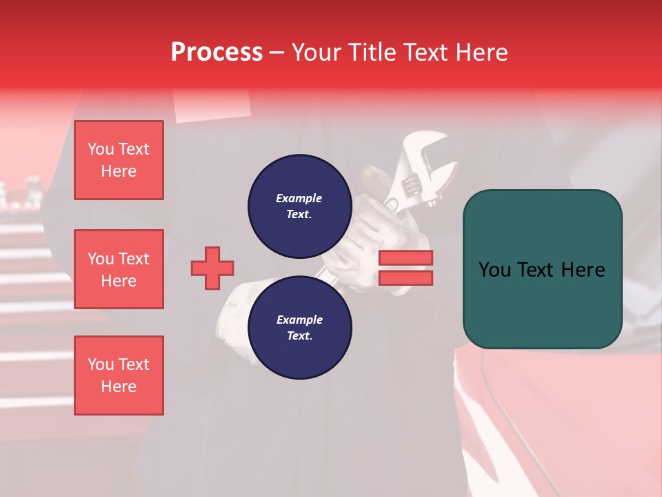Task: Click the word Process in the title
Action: (217, 52)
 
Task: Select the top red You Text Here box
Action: (119, 160)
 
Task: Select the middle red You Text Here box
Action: (119, 269)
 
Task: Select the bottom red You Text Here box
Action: (119, 376)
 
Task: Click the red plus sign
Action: (212, 268)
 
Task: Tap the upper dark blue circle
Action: (299, 206)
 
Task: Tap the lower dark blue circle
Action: (299, 327)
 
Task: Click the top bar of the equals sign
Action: (405, 257)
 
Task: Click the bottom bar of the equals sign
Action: (405, 277)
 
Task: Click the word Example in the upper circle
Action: (299, 198)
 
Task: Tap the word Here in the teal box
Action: (583, 270)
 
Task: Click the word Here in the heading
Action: (481, 52)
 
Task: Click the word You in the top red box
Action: (101, 149)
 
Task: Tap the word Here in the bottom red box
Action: (119, 387)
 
